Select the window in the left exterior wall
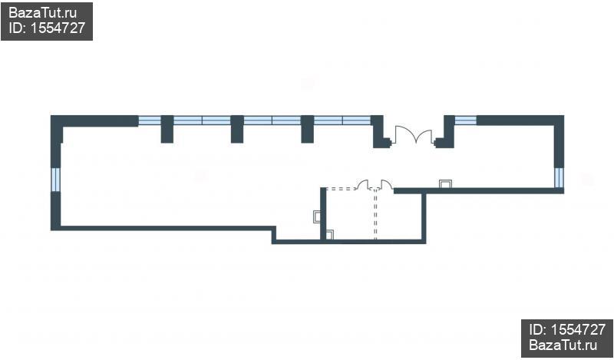pyautogui.click(x=56, y=180)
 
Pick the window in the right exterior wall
pyautogui.click(x=559, y=177)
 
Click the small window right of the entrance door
pyautogui.click(x=466, y=121)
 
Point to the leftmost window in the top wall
pyautogui.click(x=150, y=121)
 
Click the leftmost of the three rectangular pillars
pyautogui.click(x=167, y=129)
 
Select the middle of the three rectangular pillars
pyautogui.click(x=237, y=129)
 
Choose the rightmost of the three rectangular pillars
pyautogui.click(x=308, y=129)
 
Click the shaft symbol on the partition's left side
pyautogui.click(x=317, y=216)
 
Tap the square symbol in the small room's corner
pyautogui.click(x=330, y=235)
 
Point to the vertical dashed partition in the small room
pyautogui.click(x=375, y=215)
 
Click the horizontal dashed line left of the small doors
pyautogui.click(x=341, y=188)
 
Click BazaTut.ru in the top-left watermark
pyautogui.click(x=42, y=13)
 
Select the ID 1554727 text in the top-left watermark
pyautogui.click(x=47, y=28)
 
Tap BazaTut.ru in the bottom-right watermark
pyautogui.click(x=563, y=345)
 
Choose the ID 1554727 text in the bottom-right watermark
pyautogui.click(x=567, y=330)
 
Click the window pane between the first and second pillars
pyautogui.click(x=202, y=121)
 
